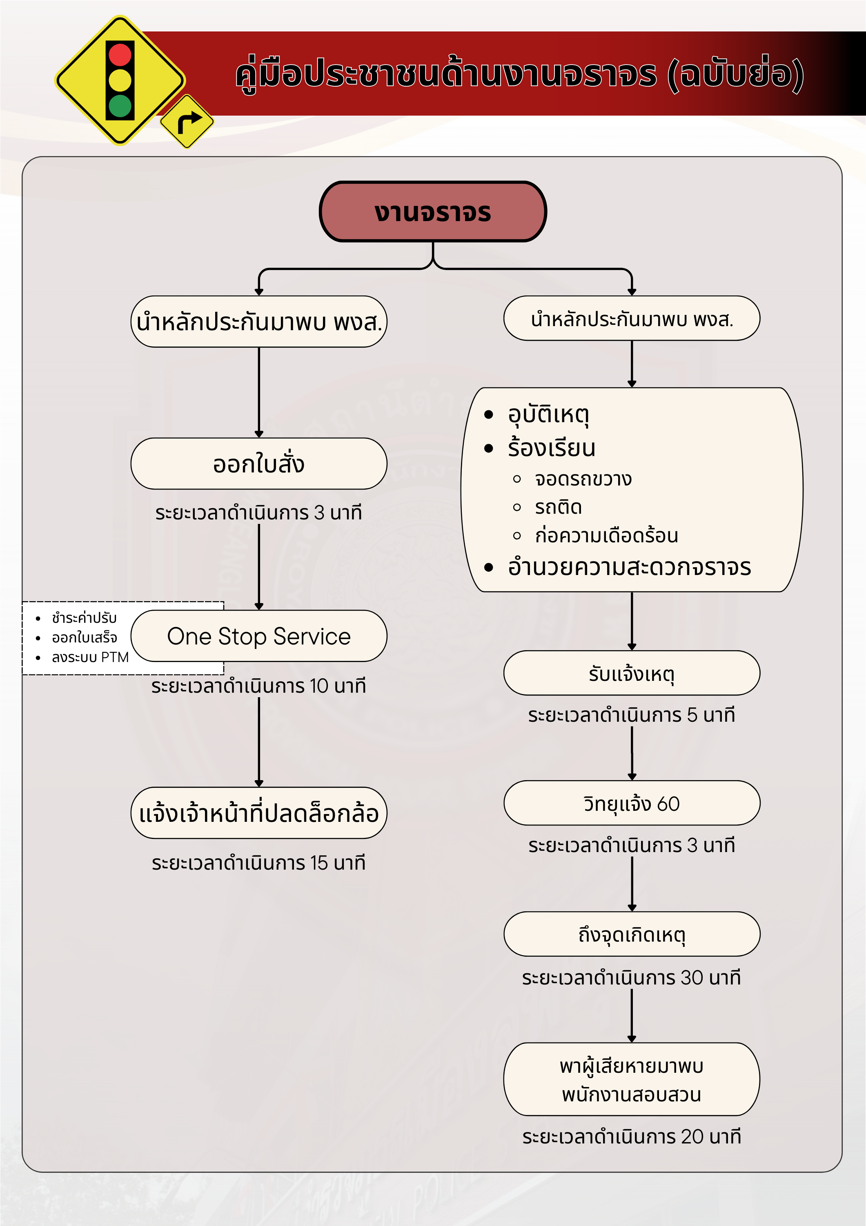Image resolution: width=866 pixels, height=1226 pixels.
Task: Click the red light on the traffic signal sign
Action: click(x=120, y=54)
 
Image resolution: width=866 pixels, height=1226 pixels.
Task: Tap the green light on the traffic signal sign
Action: click(x=120, y=106)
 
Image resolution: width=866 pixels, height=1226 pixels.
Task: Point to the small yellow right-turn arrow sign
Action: click(x=187, y=122)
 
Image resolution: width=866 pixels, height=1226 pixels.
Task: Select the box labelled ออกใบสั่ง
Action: click(x=259, y=463)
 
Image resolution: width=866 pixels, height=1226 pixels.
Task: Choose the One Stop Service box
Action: click(x=259, y=636)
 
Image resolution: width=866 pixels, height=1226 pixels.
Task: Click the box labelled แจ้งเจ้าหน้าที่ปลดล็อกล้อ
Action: click(x=259, y=813)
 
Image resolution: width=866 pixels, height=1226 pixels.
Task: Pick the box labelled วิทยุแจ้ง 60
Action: click(x=631, y=803)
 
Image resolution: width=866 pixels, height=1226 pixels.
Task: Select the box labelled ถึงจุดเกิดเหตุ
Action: click(x=631, y=934)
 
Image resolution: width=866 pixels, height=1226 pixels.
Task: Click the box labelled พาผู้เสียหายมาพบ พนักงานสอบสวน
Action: click(x=631, y=1079)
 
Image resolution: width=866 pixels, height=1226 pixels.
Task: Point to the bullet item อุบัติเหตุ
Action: click(x=548, y=414)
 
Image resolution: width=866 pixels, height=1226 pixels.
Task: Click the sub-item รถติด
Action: click(x=558, y=507)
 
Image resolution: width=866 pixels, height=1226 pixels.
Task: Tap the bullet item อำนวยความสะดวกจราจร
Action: click(x=629, y=567)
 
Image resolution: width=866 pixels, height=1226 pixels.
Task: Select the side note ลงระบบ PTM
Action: click(x=90, y=657)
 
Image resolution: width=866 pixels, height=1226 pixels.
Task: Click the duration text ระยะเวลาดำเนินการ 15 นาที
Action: click(x=259, y=863)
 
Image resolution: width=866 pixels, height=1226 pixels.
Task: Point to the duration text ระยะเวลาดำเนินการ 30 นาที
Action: click(x=631, y=978)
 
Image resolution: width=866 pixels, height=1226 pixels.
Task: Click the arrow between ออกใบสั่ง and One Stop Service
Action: click(x=259, y=566)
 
